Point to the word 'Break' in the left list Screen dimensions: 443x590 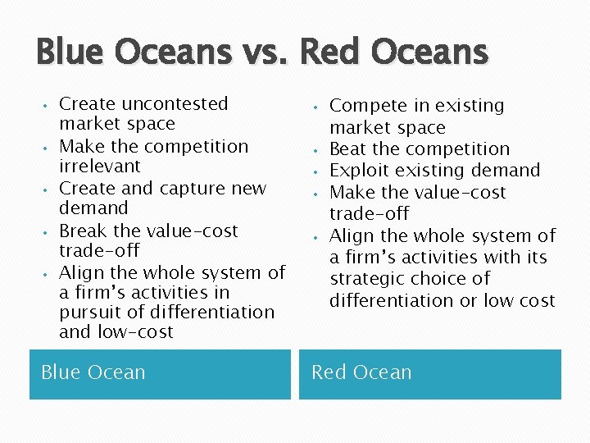point(84,231)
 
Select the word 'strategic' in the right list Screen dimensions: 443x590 point(369,279)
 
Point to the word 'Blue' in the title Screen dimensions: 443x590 point(71,53)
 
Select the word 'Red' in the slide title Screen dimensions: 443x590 point(333,53)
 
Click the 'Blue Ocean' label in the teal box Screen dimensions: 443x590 point(93,372)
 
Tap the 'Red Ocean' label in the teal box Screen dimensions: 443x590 point(361,372)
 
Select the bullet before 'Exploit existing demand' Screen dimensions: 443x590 point(315,171)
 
